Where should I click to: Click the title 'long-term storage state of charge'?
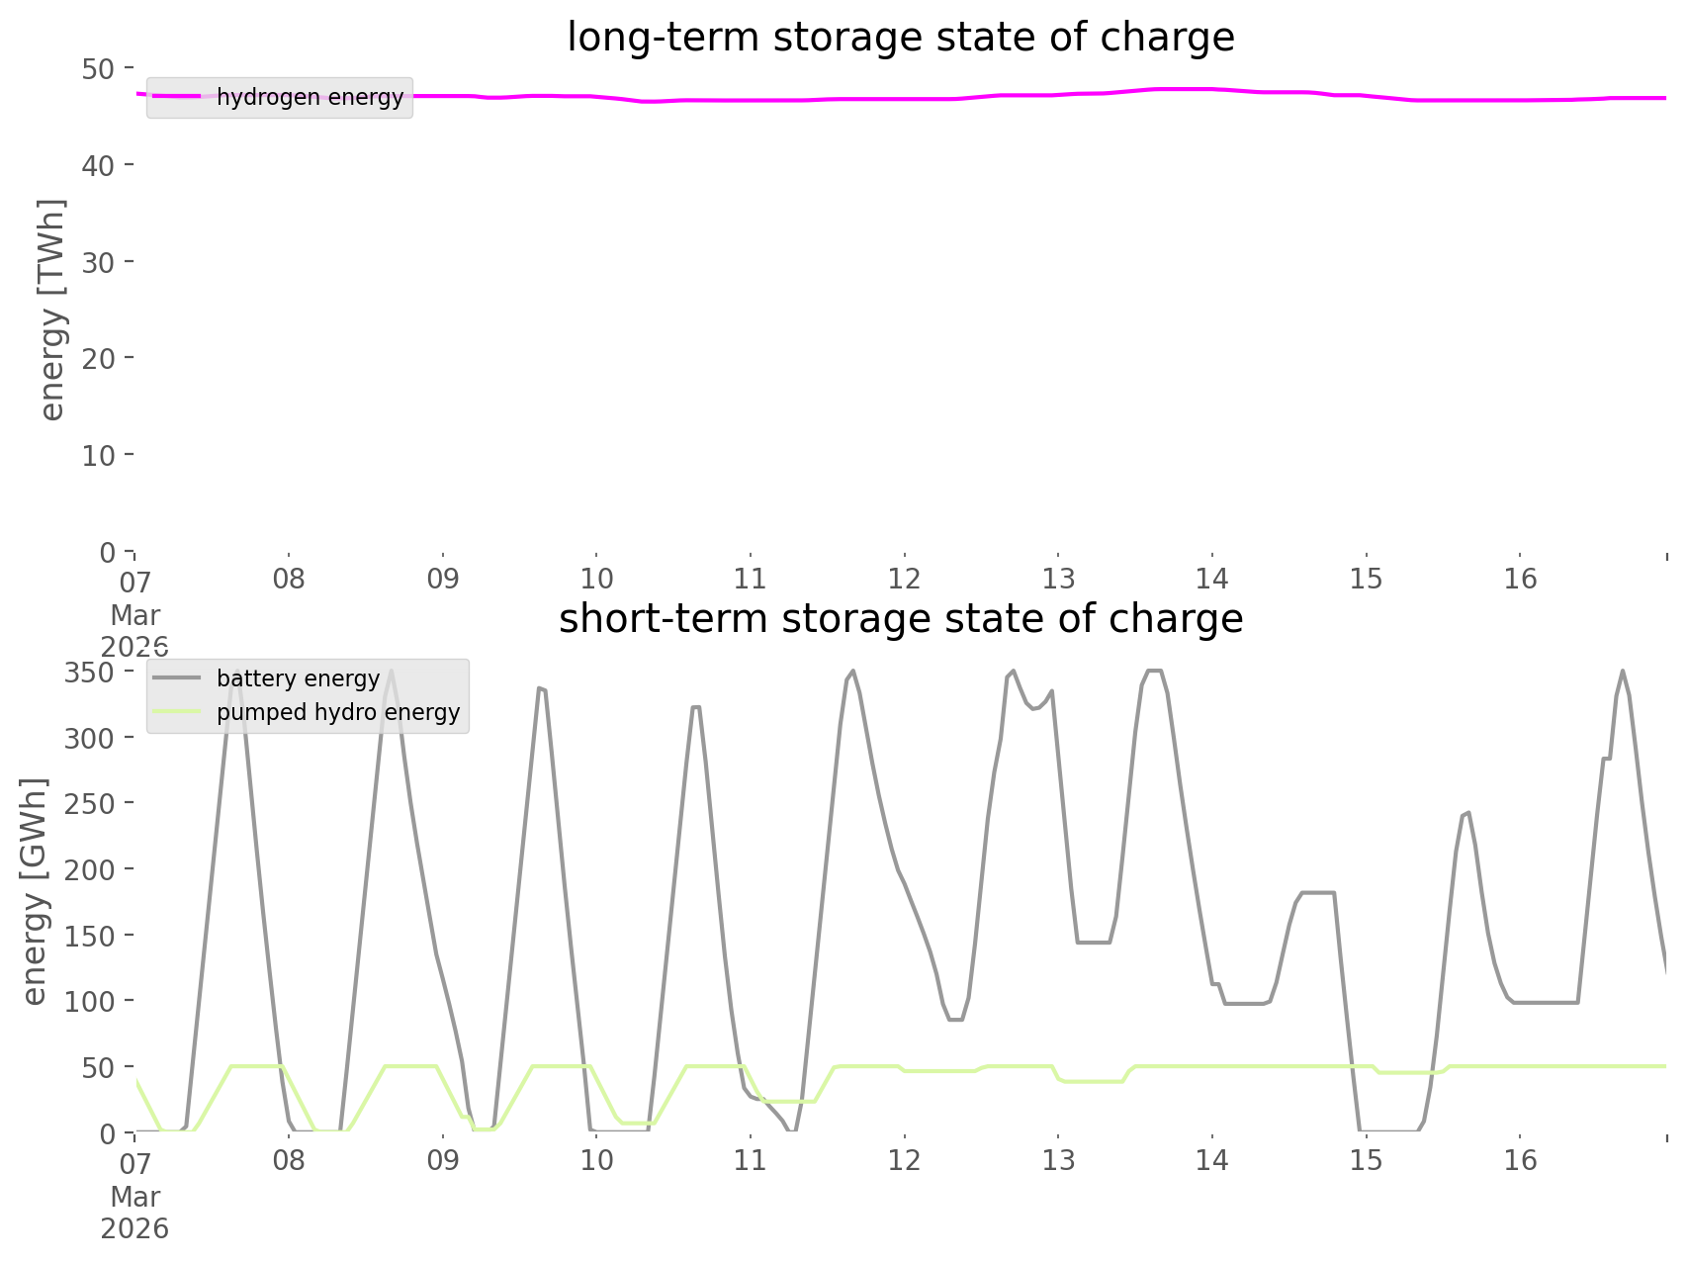tap(900, 38)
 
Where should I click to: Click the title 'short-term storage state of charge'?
tap(900, 619)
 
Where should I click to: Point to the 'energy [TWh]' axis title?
tap(52, 309)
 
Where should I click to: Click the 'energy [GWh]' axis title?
tap(35, 890)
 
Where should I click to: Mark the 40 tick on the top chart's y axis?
tap(98, 165)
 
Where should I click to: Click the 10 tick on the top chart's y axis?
tap(98, 455)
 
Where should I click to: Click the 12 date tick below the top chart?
tap(904, 579)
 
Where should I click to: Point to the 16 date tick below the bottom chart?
tap(1520, 1160)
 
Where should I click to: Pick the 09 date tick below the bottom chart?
tap(443, 1160)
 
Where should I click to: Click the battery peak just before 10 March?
tap(540, 687)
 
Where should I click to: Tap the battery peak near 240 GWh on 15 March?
tap(1466, 813)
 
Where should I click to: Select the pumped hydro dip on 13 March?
tap(1092, 1081)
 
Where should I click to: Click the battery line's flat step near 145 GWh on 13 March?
tap(1094, 943)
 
